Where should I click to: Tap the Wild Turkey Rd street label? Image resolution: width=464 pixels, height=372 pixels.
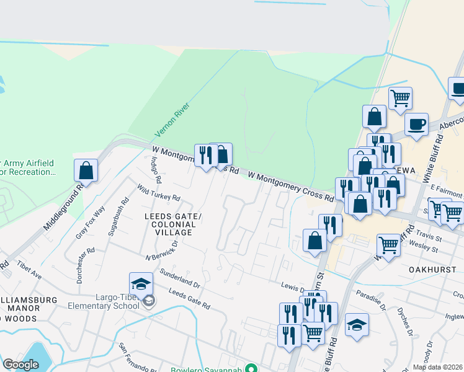tap(159, 193)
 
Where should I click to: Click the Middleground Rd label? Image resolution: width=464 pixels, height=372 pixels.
tap(63, 206)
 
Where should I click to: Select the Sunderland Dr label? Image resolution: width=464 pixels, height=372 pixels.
tap(179, 278)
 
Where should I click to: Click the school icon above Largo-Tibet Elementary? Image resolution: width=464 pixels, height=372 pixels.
tap(141, 283)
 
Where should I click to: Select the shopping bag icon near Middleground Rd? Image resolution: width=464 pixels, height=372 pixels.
tap(86, 170)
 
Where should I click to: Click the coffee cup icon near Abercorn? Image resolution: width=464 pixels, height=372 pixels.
tap(416, 123)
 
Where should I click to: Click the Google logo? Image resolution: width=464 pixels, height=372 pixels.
tap(20, 365)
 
